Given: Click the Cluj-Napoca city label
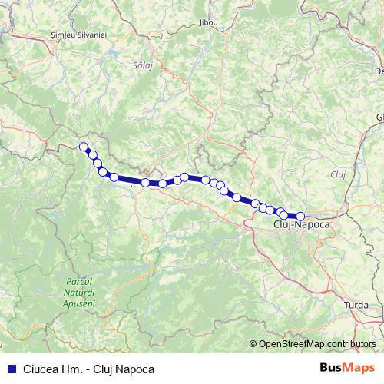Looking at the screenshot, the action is [x=301, y=225].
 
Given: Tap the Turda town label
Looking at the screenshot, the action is [x=356, y=306].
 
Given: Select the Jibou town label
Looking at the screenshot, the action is [x=207, y=23].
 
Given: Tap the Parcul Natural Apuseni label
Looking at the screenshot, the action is [x=79, y=293].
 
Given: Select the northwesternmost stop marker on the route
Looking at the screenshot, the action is [x=84, y=147].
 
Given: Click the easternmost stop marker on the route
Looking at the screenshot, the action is [x=300, y=217].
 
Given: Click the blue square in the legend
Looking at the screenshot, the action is [x=11, y=369].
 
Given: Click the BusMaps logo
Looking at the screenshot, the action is [x=346, y=368].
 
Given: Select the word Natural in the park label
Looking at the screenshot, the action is [x=79, y=293].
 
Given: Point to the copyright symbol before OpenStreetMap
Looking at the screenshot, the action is [x=253, y=344].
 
